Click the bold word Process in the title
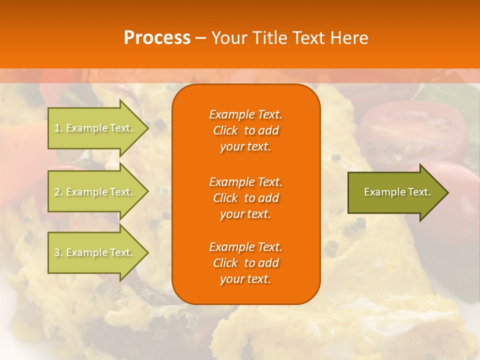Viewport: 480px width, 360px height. pos(157,38)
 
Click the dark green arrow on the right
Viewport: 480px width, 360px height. pos(395,192)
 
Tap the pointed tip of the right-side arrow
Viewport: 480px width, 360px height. pos(447,192)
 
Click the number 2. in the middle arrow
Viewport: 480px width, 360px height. pos(58,192)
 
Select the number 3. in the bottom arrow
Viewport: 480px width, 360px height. pos(58,252)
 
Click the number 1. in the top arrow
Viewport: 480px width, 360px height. pos(58,128)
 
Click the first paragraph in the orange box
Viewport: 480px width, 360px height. pos(245,130)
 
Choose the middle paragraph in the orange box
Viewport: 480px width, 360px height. pos(245,198)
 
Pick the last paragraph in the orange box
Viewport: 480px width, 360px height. pos(245,263)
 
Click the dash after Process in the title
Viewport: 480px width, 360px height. pos(200,38)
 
